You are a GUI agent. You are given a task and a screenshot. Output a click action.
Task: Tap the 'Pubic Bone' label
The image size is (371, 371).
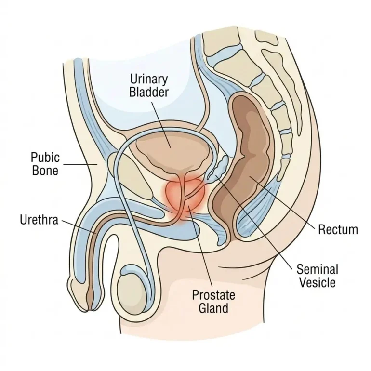45,164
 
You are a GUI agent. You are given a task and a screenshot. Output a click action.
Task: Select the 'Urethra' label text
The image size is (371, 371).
39,220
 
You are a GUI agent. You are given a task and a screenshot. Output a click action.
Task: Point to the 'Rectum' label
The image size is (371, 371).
338,229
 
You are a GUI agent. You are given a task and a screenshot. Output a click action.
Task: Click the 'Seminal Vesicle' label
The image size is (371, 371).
317,276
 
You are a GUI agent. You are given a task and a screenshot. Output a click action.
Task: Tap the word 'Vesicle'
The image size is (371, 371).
317,282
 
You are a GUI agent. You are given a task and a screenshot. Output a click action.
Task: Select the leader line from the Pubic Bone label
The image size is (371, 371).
79,164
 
